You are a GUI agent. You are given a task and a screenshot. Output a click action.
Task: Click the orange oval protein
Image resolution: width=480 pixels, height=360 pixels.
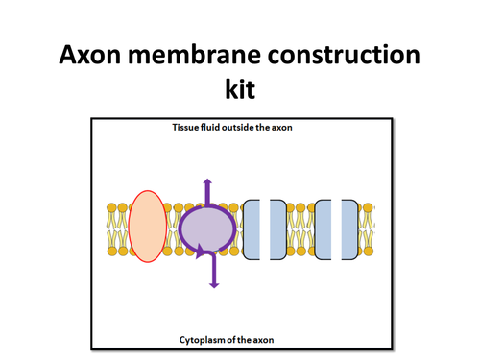pos(146,227)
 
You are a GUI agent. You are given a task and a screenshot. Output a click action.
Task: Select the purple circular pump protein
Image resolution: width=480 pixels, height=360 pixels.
pos(206,230)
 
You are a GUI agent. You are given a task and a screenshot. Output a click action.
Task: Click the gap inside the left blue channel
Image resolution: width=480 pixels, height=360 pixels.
pos(266,229)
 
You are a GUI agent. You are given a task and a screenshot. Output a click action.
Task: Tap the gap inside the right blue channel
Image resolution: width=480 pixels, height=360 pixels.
pos(338,229)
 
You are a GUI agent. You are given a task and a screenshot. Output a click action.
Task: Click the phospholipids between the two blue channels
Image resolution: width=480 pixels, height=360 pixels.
pos(301,229)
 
